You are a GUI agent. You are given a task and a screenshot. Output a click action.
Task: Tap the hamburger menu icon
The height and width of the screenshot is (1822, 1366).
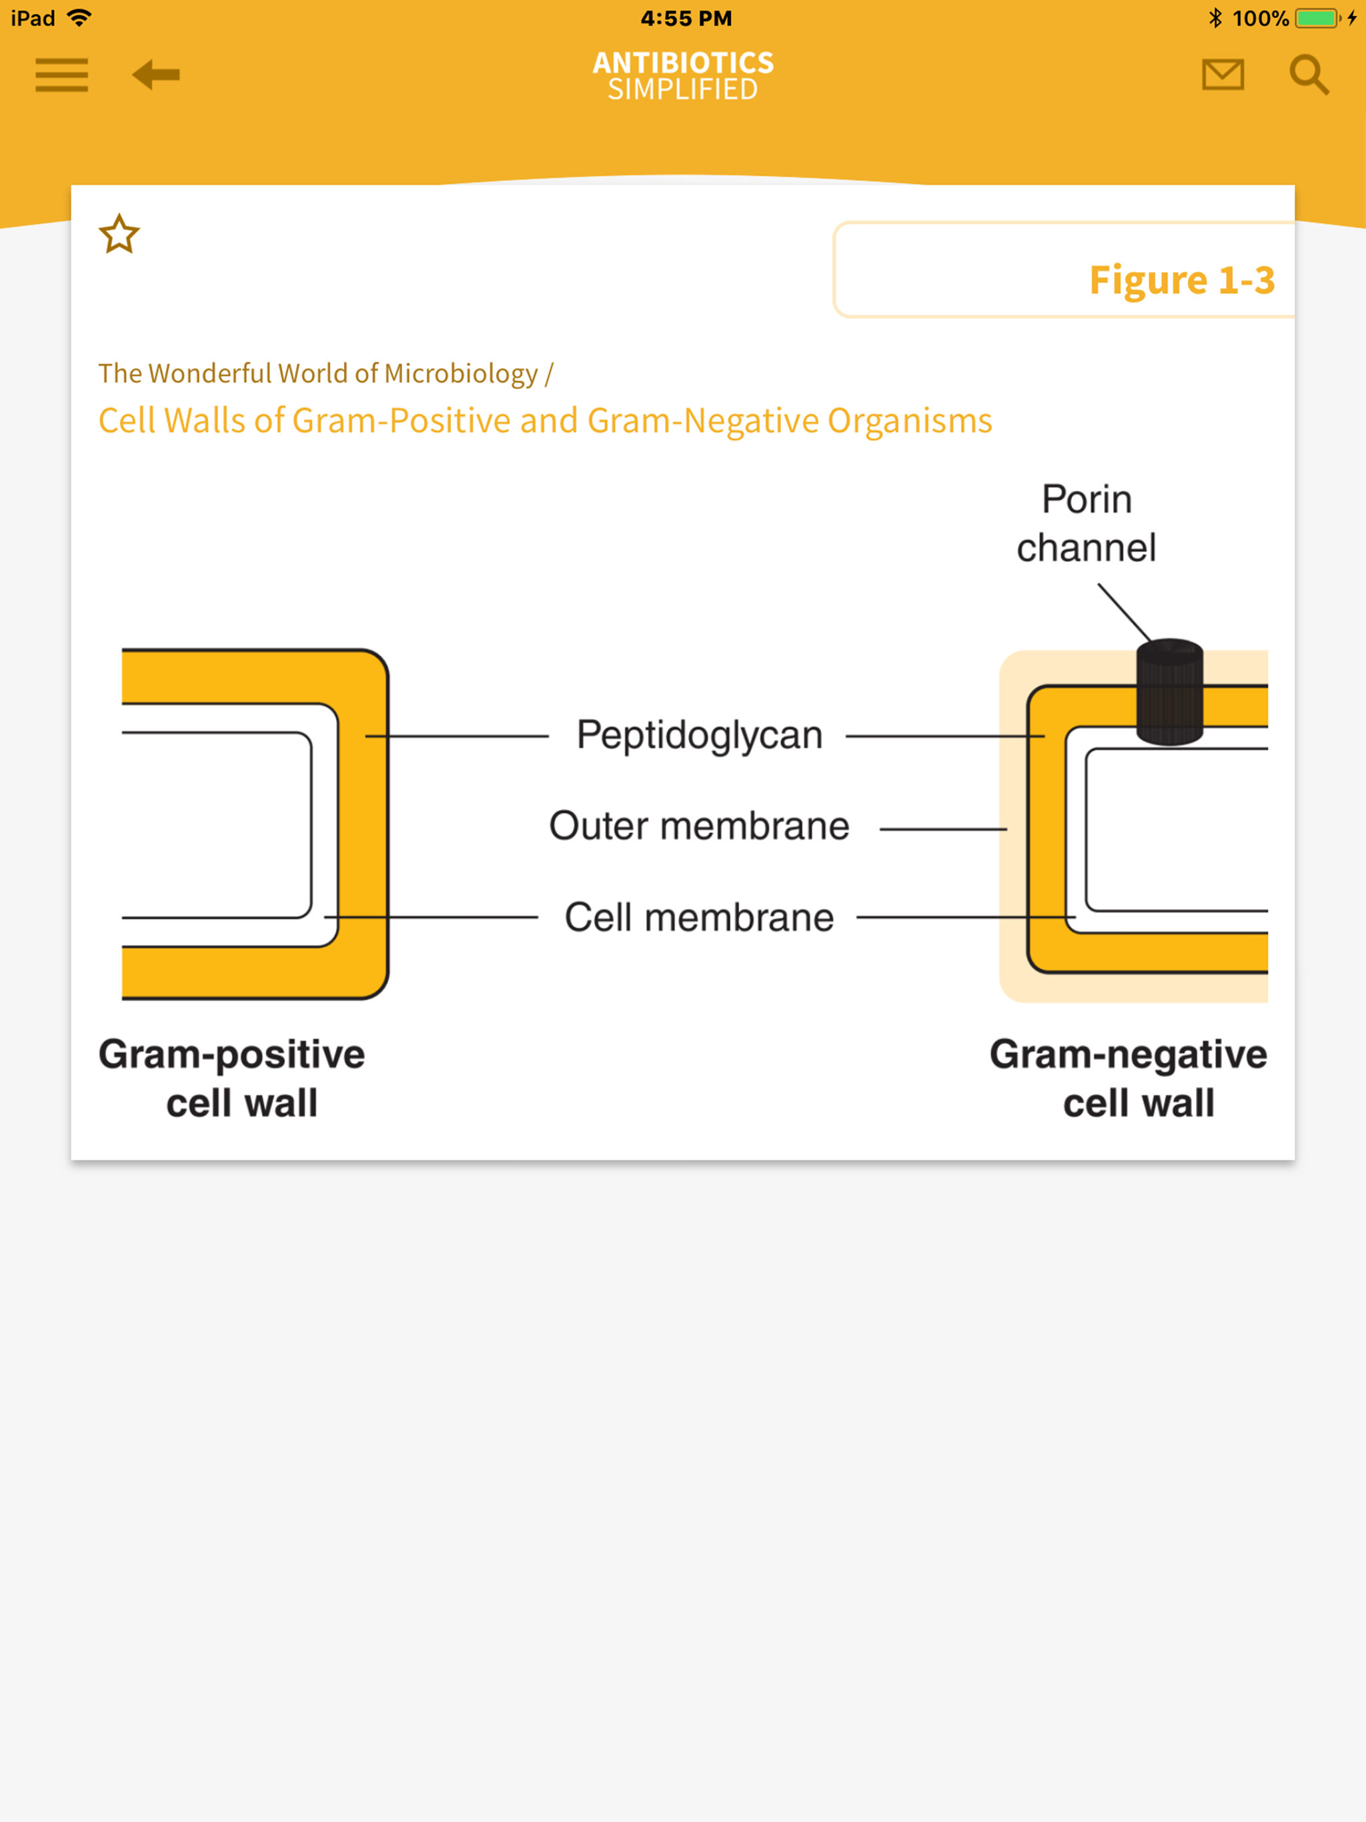pos(62,75)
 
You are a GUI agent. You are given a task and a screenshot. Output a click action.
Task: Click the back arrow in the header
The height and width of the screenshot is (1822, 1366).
pos(155,75)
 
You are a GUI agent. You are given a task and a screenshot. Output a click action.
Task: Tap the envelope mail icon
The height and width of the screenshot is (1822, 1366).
pos(1222,75)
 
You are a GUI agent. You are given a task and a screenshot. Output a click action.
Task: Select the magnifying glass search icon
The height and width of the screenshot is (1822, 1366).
pos(1309,75)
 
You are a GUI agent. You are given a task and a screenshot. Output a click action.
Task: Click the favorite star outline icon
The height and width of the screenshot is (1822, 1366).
pos(119,235)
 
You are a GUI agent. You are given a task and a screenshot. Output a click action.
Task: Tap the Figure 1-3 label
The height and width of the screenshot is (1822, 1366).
pos(1181,280)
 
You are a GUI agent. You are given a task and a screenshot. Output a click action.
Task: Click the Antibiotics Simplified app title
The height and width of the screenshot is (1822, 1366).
pos(683,75)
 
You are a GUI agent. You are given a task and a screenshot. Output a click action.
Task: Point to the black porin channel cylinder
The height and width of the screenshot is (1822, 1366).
pos(1169,692)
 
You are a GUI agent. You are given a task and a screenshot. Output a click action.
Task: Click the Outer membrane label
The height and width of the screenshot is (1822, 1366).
pos(698,826)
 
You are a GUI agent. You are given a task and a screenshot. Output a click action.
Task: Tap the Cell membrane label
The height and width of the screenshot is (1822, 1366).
pos(698,918)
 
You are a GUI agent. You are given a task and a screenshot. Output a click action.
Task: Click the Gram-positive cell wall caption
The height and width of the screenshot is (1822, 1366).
pos(232,1078)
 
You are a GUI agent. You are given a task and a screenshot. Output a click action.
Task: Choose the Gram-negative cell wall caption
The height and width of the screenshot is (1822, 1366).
pos(1128,1078)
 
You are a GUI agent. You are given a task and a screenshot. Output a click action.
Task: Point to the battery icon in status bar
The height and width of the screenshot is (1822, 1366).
pos(1316,18)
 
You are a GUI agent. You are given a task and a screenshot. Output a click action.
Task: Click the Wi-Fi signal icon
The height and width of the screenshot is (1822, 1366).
pos(79,18)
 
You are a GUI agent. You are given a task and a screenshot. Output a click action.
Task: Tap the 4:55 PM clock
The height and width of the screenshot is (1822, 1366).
pos(686,18)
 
